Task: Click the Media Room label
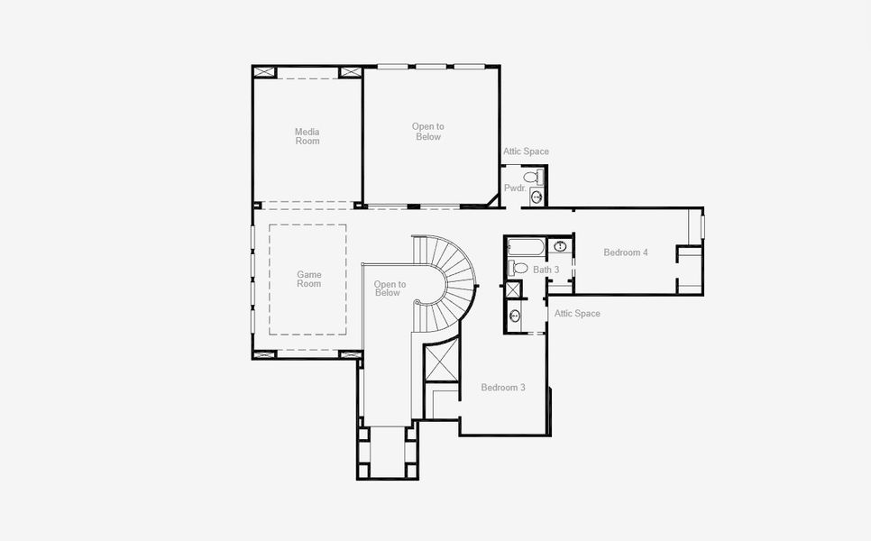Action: click(307, 136)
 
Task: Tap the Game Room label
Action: click(309, 279)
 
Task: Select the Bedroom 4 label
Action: click(626, 252)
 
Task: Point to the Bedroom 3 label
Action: click(503, 387)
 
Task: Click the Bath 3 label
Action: click(546, 270)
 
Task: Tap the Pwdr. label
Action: click(515, 188)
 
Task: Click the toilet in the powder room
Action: click(533, 178)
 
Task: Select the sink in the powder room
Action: click(536, 197)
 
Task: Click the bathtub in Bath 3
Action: click(526, 247)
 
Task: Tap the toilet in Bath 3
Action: click(518, 268)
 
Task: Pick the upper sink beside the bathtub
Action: click(560, 246)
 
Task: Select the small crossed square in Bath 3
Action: click(514, 290)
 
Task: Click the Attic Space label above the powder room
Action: click(526, 151)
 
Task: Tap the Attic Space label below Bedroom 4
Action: click(577, 313)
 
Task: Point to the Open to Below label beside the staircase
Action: click(390, 289)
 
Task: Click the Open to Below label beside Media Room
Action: click(427, 132)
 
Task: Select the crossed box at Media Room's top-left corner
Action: click(265, 71)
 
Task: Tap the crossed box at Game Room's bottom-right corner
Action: click(350, 353)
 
